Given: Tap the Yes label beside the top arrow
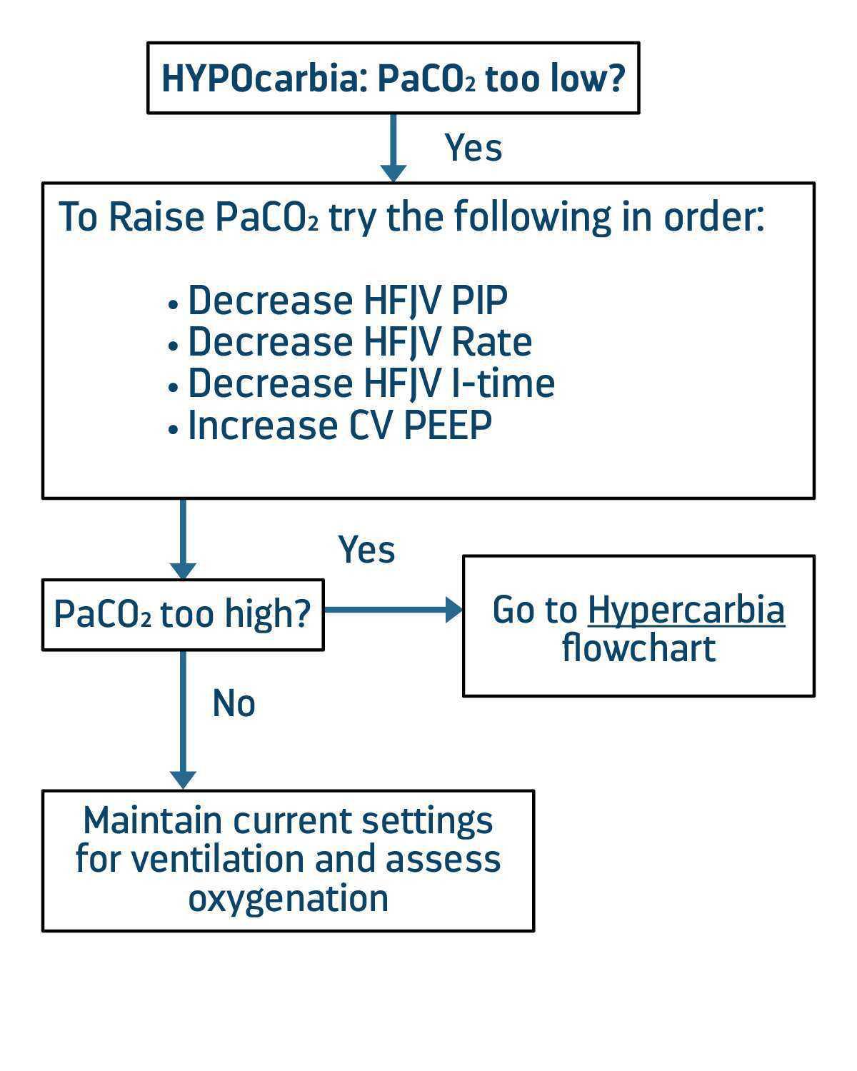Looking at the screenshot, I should (473, 148).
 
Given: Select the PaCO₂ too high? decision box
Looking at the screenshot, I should (183, 614).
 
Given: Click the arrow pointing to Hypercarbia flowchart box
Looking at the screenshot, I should (393, 610).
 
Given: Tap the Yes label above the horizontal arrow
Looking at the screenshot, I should (366, 550).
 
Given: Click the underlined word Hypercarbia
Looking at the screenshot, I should (686, 610).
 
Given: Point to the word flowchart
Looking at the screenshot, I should (638, 648).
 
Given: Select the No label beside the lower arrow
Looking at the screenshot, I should (234, 704).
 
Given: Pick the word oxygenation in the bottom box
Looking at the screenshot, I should (288, 898).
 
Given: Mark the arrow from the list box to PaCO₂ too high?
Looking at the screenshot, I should (183, 539).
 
